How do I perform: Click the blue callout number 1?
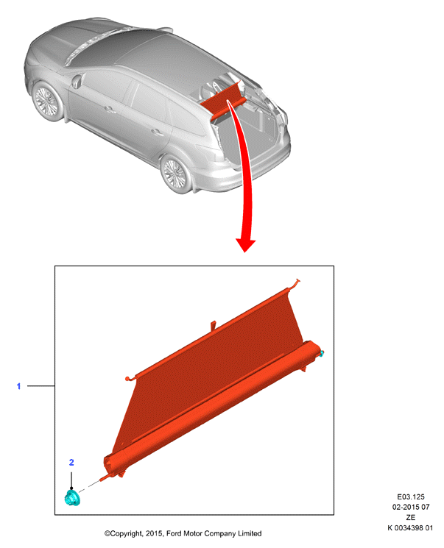pos(18,386)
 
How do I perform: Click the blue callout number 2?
pos(71,463)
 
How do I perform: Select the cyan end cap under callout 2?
pos(72,498)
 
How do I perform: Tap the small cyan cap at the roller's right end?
pos(321,354)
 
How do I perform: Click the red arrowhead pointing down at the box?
pos(245,246)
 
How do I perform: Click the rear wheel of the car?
pos(175,174)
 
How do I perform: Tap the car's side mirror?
pos(76,81)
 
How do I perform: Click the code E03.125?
pos(410,497)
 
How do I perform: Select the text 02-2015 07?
pos(410,507)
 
